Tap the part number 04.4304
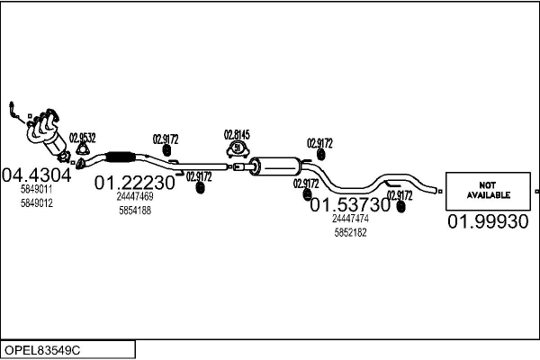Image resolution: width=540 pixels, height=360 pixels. point(37,175)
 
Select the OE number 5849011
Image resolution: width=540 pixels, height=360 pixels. point(37,190)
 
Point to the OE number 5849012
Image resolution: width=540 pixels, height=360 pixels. point(37,203)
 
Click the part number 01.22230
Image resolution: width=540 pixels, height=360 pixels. point(135,183)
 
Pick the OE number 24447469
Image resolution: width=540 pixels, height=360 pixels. point(135,196)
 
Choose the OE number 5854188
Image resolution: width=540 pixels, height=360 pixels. point(135,211)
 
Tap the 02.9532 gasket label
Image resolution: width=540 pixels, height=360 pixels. point(82,138)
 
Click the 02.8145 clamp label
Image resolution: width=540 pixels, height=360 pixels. point(237,135)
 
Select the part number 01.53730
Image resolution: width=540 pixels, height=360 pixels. point(350,205)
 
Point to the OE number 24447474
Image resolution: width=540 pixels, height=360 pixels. point(350,219)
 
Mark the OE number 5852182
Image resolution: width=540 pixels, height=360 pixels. point(350,232)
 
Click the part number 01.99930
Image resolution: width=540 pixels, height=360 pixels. point(488,221)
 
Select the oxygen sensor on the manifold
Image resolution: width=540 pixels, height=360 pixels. point(13,109)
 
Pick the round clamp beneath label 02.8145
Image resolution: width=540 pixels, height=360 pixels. point(237,150)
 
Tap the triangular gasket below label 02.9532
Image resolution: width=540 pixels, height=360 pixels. point(80,162)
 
